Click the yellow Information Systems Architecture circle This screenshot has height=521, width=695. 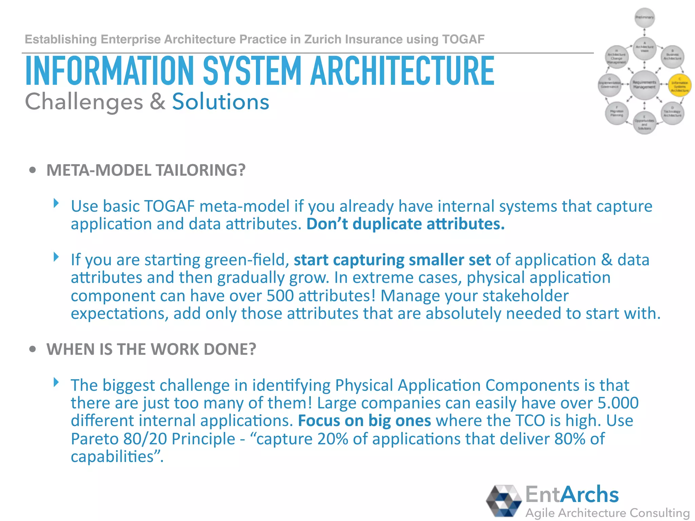click(x=679, y=85)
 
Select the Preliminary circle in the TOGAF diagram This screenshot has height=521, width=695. click(x=644, y=18)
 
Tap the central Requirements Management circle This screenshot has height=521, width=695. click(x=644, y=85)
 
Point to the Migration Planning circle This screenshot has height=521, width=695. click(x=617, y=113)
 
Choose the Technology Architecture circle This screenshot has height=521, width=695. click(x=672, y=113)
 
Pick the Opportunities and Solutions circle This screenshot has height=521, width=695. click(x=644, y=123)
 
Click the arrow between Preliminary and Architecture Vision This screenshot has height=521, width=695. click(x=644, y=34)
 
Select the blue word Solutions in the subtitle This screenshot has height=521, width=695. click(x=221, y=102)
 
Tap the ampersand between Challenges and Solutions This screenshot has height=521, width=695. click(x=157, y=102)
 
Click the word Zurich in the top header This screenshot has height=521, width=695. click(x=322, y=39)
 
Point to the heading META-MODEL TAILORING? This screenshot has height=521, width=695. click(x=146, y=170)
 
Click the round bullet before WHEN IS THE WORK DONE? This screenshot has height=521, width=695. click(x=33, y=349)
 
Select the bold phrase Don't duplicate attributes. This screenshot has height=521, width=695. click(x=406, y=224)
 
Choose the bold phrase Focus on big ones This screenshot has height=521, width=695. click(x=364, y=421)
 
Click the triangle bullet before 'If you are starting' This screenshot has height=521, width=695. click(x=56, y=257)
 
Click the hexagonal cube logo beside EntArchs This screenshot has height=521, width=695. click(x=504, y=501)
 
